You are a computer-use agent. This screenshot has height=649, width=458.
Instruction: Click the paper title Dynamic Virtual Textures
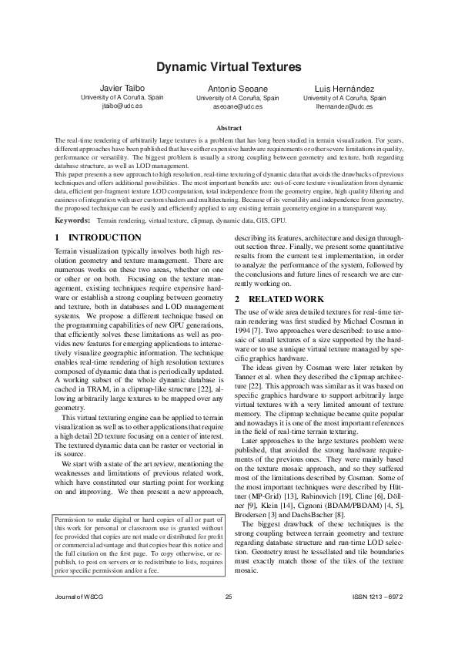[x=229, y=67]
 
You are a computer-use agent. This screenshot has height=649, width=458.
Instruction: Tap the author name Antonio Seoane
[x=238, y=89]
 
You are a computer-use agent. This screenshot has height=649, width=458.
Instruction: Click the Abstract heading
[x=229, y=128]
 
